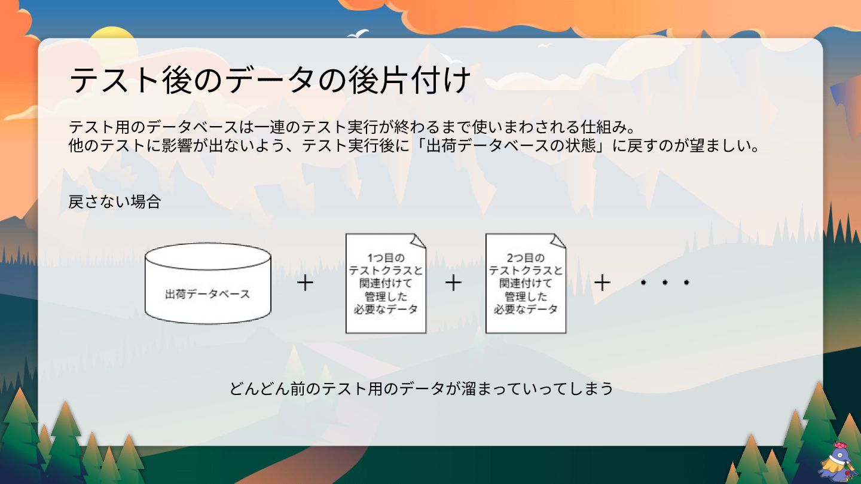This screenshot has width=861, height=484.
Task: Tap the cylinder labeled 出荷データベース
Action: coord(207,283)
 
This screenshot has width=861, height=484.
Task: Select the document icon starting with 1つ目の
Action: coord(386,283)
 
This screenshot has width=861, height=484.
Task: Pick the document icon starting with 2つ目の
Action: coord(526,283)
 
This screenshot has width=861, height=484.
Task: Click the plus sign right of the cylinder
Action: coord(305,283)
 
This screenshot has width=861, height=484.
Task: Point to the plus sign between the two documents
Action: coord(453,283)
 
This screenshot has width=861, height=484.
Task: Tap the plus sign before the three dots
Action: coord(602,283)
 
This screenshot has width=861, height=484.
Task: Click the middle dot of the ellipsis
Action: coord(664,283)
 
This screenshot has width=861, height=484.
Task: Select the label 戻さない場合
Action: coord(115,202)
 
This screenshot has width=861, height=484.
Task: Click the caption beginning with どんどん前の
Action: coord(422,388)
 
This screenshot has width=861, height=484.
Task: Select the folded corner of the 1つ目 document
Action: coord(418,240)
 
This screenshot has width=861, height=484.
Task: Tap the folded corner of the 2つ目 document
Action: coord(558,240)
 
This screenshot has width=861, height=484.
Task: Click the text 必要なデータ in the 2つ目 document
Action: coord(526,309)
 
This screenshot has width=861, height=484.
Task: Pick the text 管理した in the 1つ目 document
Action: coord(386,296)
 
